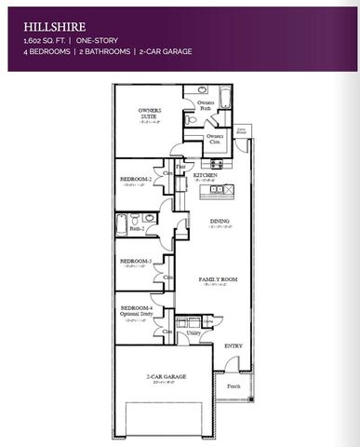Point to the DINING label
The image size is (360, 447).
pos(220,221)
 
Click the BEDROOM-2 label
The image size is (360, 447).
pos(136,178)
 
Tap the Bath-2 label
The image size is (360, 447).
pos(137,228)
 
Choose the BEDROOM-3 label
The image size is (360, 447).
pos(136,261)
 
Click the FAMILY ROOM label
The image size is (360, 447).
pos(219,279)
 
